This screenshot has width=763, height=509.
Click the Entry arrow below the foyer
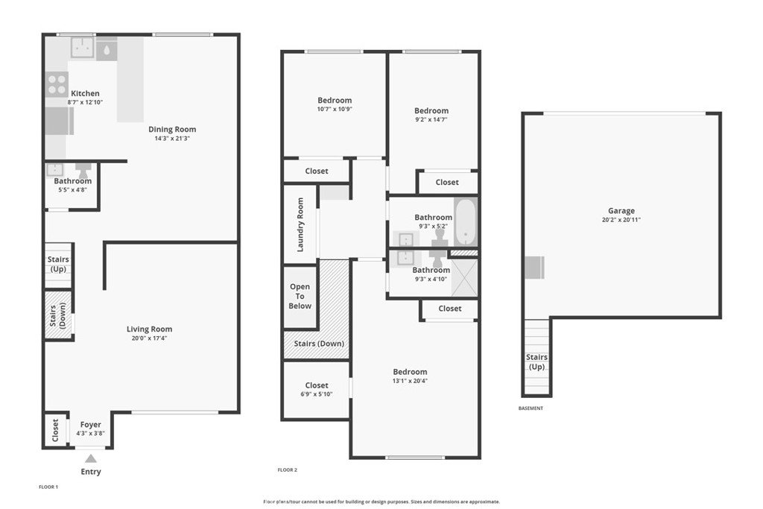(91, 458)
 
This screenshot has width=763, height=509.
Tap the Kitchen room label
(85, 93)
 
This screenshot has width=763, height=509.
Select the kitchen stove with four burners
(57, 83)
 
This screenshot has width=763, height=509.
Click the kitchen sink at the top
(83, 48)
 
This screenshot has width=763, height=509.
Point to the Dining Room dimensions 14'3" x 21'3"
(172, 138)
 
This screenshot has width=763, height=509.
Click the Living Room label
(149, 329)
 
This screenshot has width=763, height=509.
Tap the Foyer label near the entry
(90, 425)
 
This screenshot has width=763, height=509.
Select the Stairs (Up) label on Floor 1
(58, 265)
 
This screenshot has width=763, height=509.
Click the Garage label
(621, 211)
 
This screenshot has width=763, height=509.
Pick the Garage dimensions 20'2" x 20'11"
(621, 219)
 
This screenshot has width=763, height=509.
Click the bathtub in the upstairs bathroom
(466, 222)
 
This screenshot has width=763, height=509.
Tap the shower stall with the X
(464, 278)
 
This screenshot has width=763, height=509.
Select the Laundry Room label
(300, 225)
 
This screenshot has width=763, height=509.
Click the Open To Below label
(300, 297)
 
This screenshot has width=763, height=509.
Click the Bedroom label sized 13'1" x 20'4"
(411, 372)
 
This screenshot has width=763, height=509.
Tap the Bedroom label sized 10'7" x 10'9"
(335, 101)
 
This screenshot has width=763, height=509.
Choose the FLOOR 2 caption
(287, 470)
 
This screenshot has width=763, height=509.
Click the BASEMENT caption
(531, 408)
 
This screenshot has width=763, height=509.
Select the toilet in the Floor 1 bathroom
(83, 171)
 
